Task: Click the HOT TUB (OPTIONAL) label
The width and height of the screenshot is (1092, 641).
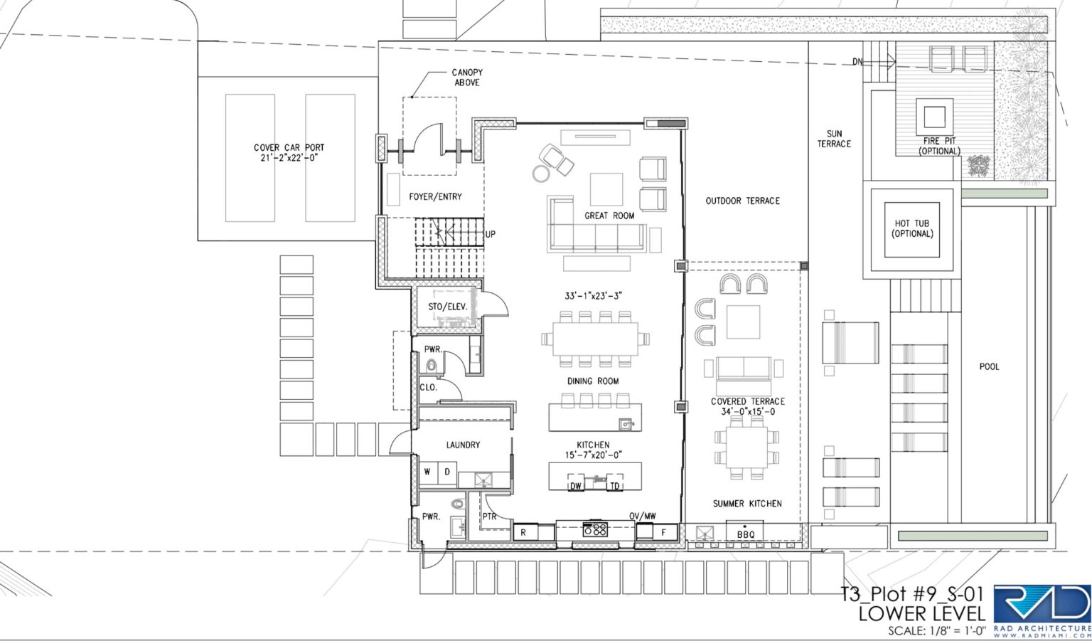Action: (x=912, y=228)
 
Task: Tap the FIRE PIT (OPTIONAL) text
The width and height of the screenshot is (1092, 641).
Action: (x=939, y=146)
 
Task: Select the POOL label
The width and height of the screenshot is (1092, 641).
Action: (x=989, y=366)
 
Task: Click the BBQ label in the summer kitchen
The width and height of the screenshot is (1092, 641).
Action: (x=745, y=535)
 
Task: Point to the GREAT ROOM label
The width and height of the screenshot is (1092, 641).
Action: (x=609, y=216)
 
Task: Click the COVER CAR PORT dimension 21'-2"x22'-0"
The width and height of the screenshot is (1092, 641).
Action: (x=289, y=158)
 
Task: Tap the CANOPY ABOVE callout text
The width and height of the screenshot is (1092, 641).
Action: (x=467, y=78)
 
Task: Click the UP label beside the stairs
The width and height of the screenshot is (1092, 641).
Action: (x=491, y=234)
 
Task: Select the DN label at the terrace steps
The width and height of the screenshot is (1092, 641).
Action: (x=857, y=62)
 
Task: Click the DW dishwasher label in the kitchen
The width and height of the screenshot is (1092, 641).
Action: (x=576, y=486)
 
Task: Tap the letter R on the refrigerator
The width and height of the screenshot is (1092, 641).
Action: (x=523, y=533)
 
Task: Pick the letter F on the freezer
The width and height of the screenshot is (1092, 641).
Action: (x=663, y=533)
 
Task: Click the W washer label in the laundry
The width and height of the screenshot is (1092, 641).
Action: (x=427, y=472)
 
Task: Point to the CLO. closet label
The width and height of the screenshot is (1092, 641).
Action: (x=429, y=387)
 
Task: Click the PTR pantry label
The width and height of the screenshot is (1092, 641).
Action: (x=489, y=516)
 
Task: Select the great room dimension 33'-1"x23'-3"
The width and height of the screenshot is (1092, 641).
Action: (x=594, y=296)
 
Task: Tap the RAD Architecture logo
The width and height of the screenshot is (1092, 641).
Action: (x=1042, y=612)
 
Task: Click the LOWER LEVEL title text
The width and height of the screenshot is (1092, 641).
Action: (x=922, y=614)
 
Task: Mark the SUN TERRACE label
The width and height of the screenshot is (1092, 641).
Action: (x=834, y=139)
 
